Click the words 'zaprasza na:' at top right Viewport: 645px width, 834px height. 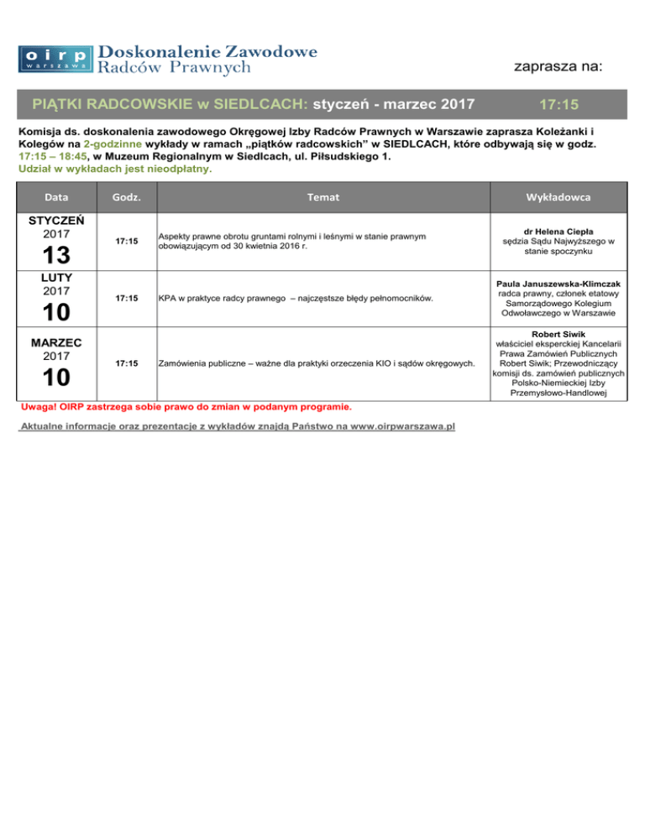[x=558, y=66]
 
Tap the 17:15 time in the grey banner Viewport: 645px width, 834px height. [x=560, y=106]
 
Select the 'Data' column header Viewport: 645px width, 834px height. [x=57, y=196]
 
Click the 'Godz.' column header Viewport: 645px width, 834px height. [x=126, y=196]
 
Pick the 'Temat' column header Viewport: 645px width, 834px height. [x=322, y=196]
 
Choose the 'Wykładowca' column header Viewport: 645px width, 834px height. [x=558, y=196]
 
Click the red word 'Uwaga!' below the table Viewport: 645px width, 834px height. [x=31, y=407]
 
